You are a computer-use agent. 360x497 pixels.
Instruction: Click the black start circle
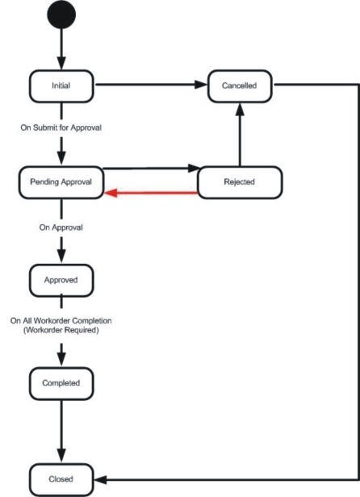(x=61, y=15)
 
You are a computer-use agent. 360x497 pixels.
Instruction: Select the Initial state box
(x=61, y=86)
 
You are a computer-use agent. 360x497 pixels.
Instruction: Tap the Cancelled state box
(x=240, y=86)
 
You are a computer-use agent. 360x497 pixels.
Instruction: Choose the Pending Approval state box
(x=61, y=182)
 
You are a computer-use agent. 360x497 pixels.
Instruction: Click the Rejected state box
(x=240, y=182)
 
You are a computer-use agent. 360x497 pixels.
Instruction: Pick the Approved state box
(x=61, y=281)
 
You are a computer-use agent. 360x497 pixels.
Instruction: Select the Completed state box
(x=61, y=383)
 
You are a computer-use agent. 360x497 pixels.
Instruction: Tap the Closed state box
(x=61, y=480)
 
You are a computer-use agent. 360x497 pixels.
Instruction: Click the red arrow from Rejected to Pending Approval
(x=151, y=192)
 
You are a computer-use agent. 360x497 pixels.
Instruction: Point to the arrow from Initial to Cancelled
(x=151, y=85)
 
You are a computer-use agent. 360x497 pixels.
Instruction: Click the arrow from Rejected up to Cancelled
(x=240, y=135)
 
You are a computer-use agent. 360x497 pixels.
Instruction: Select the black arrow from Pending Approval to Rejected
(x=151, y=169)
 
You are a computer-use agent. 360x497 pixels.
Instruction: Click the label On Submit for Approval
(x=61, y=127)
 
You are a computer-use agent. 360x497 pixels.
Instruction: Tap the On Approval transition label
(x=61, y=228)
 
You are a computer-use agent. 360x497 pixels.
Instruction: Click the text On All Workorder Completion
(x=61, y=321)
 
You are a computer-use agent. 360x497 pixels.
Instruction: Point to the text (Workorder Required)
(x=61, y=330)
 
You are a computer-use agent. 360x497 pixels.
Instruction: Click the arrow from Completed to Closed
(x=61, y=432)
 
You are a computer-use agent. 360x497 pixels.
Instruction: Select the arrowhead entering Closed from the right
(x=100, y=480)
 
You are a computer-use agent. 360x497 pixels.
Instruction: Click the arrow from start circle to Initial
(x=61, y=49)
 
